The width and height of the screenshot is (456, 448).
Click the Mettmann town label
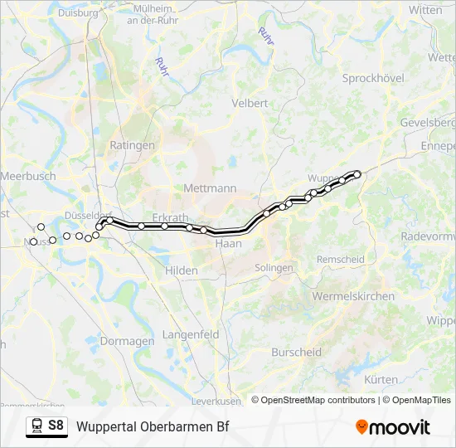coord(205,187)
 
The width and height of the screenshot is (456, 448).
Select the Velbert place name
coord(250,104)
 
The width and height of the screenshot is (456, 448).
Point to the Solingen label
coord(274,268)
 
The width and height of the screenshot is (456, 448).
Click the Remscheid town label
coord(341,260)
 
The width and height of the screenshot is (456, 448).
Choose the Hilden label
coord(182,270)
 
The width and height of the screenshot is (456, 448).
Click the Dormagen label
coord(127,341)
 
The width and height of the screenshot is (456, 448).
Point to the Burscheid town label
coord(297,353)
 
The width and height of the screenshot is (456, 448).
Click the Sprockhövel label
coord(372,78)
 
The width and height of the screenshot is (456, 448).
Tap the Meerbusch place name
coord(28,176)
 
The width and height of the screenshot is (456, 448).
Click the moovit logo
coord(393,427)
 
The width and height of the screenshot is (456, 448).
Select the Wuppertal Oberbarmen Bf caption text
coord(153,427)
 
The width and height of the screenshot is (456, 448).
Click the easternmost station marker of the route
coord(358,173)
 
